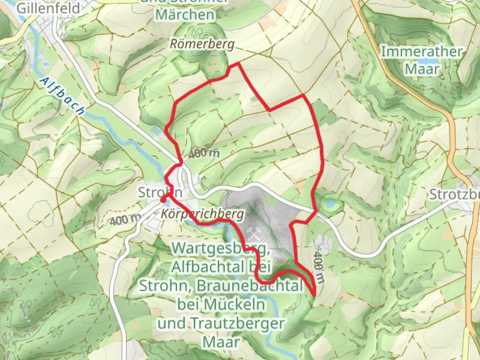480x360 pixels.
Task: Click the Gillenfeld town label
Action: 48,8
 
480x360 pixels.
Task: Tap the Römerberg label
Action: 202,44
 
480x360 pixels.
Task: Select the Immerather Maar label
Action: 422,60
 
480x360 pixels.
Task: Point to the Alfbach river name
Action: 62,96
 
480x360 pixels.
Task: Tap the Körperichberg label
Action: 203,214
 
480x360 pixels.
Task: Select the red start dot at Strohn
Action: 163,200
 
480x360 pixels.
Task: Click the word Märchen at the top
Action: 185,15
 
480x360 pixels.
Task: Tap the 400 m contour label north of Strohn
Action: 204,153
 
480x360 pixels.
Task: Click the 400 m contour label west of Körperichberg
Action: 125,220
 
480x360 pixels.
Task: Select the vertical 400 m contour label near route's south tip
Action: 318,267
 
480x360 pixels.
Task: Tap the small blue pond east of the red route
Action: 330,203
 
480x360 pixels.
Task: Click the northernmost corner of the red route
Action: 238,63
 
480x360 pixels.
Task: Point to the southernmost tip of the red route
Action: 315,295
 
